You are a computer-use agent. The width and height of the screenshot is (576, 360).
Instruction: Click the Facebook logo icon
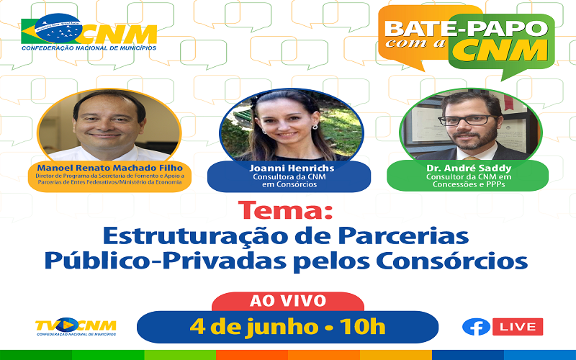pos(476,327)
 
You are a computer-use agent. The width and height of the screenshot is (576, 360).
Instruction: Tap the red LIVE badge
pos(517,327)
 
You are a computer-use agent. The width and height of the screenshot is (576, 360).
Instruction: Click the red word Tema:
pos(285,210)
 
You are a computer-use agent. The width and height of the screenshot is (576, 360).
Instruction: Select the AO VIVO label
pos(287,301)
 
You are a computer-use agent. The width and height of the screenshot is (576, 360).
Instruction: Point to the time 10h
pos(362,326)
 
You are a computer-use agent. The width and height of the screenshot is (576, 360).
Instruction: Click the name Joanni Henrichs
pos(292,168)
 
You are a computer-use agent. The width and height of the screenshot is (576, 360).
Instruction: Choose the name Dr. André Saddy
pos(469,168)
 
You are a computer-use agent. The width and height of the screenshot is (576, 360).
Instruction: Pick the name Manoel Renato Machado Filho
pos(110,168)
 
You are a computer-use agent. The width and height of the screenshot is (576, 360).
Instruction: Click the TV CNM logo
pos(76,326)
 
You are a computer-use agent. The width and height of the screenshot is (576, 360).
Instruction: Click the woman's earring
pos(315,127)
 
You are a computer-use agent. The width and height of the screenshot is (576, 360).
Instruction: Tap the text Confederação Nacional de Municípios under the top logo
pos(89,48)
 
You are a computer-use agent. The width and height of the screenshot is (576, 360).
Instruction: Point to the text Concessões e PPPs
pos(469,184)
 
